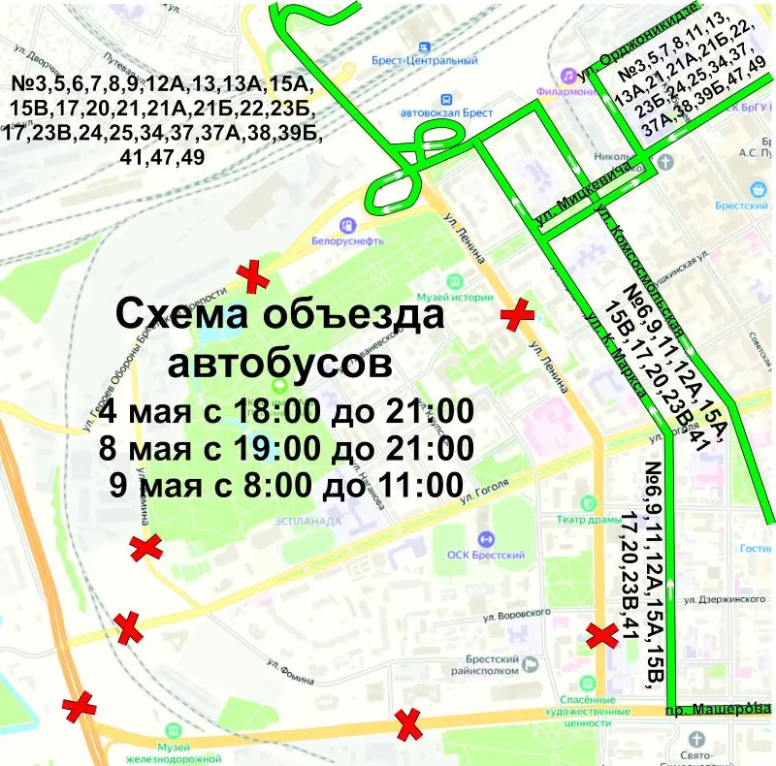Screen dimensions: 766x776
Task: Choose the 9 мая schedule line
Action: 283,483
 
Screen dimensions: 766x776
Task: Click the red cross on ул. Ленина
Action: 517,314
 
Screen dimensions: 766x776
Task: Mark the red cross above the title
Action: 255,276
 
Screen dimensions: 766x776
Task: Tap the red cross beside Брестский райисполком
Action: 601,636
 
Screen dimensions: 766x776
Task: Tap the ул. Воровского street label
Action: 516,614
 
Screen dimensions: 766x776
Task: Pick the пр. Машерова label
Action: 711,710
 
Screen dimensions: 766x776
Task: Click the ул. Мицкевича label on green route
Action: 580,197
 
